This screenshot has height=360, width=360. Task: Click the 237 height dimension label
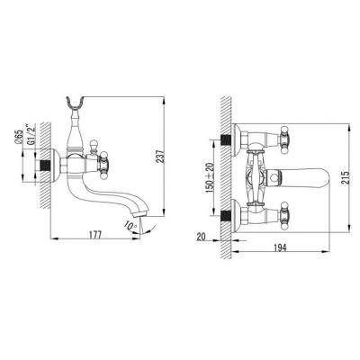pos(161,157)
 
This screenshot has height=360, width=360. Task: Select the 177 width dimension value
pos(95,234)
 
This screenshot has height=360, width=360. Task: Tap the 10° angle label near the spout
pos(131,226)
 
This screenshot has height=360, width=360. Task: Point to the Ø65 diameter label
pos(19,137)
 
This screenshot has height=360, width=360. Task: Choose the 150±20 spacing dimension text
pos(210,177)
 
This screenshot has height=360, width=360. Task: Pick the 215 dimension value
pos(346,178)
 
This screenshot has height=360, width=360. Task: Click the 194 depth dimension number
pos(281,247)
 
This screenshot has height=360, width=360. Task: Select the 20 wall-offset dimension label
pos(201,237)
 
